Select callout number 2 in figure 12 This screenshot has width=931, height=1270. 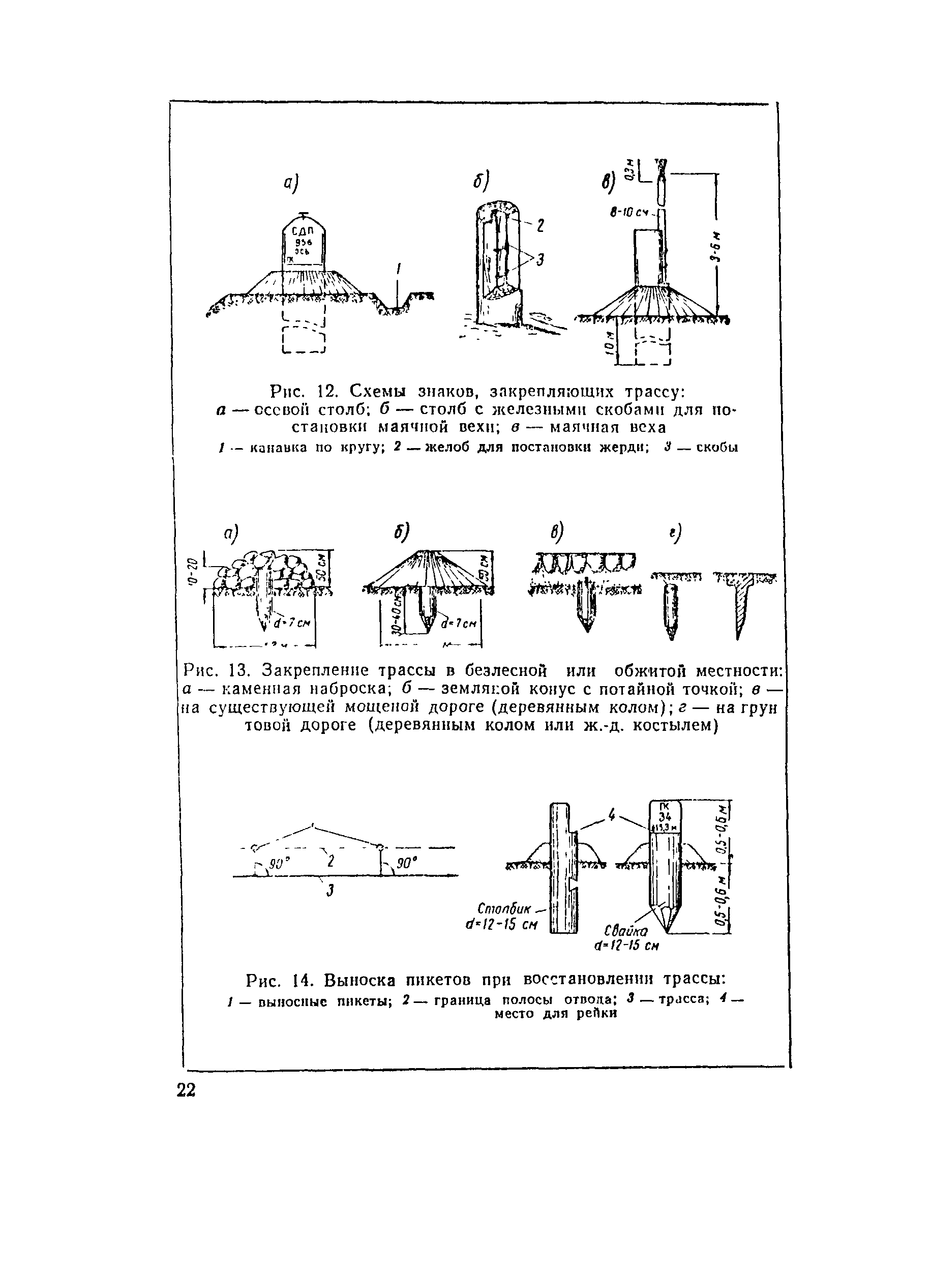pyautogui.click(x=540, y=226)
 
